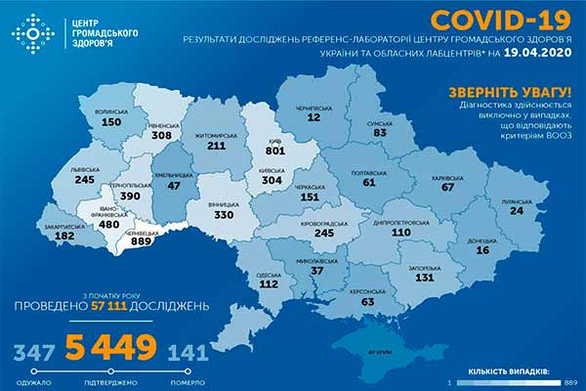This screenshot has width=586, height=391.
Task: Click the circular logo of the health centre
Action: (x=32, y=32)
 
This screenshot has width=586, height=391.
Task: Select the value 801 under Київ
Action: (x=276, y=152)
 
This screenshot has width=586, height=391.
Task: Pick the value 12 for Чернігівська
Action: (x=313, y=117)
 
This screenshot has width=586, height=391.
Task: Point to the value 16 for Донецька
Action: (x=482, y=250)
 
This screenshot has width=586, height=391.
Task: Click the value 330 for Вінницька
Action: (x=226, y=215)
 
